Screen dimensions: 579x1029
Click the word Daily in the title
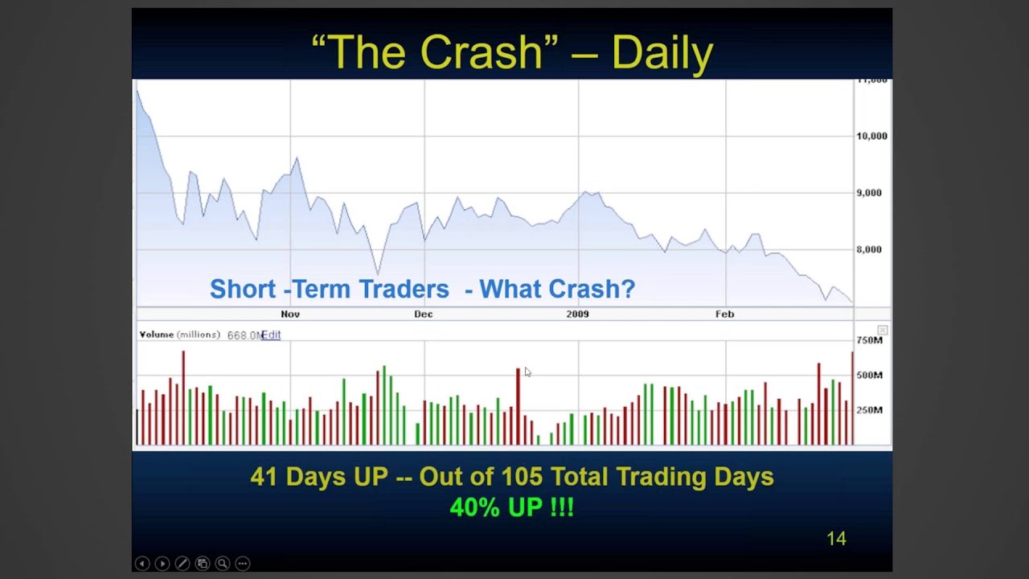[x=662, y=54]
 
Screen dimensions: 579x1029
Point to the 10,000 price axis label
[x=871, y=136]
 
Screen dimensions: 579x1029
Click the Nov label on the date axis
[x=290, y=314]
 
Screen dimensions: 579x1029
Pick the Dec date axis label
[x=424, y=314]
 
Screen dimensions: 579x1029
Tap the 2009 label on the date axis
[x=577, y=314]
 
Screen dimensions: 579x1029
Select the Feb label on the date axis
[x=724, y=314]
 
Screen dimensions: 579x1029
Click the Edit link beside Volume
[x=272, y=335]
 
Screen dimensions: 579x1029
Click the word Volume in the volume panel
[x=157, y=335]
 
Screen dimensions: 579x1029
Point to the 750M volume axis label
[x=869, y=340]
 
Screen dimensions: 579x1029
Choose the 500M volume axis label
[x=869, y=375]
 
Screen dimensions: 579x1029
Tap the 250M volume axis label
[x=869, y=410]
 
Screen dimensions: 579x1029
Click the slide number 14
[x=836, y=539]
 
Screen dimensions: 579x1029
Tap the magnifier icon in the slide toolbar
[x=222, y=564]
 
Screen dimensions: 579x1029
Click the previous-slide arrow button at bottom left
[x=142, y=564]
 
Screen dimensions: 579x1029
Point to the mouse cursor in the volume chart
[x=527, y=372]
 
